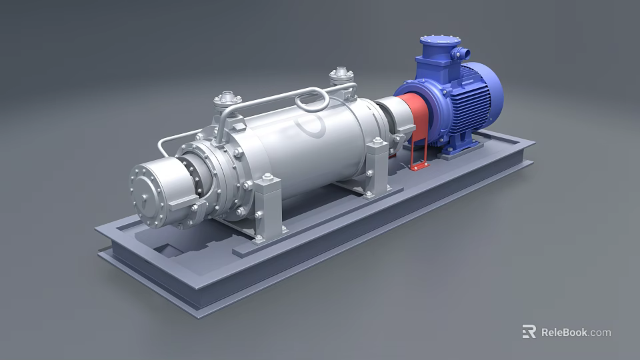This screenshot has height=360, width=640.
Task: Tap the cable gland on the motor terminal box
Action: click(460, 51)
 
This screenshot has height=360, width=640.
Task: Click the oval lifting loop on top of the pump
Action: click(312, 102)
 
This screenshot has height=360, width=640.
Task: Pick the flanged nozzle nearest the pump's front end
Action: click(227, 101)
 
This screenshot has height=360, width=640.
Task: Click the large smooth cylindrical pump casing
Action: click(307, 150)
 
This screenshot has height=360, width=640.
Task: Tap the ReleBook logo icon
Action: click(529, 331)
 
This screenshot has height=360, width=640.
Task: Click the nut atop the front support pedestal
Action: click(267, 178)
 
